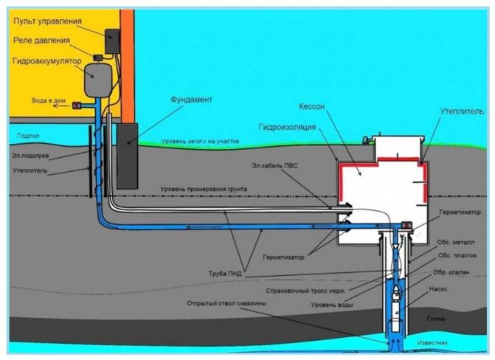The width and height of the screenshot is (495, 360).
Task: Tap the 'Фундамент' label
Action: click(193, 98)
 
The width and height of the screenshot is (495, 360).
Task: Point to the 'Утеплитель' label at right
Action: click(461, 111)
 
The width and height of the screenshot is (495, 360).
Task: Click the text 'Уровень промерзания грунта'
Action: click(204, 190)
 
